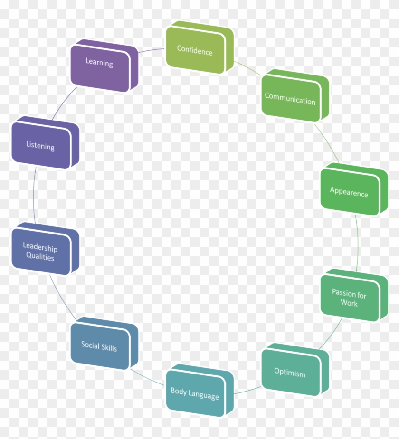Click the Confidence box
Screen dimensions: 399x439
199,47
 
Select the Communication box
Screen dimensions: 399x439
295,96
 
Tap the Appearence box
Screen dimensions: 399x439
354,189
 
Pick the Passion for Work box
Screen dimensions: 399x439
354,295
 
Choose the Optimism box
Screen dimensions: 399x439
295,370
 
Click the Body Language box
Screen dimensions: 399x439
199,391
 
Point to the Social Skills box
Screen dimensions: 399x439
104,344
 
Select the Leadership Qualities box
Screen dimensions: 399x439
45,249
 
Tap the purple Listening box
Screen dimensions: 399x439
45,143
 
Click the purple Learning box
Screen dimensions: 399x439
104,66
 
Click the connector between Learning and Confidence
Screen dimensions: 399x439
152,50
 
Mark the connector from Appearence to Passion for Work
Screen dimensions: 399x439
358,243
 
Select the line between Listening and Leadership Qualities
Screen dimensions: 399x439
34,195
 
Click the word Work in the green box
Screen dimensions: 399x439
349,303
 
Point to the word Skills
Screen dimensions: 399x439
109,347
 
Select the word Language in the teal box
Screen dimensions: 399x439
203,395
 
